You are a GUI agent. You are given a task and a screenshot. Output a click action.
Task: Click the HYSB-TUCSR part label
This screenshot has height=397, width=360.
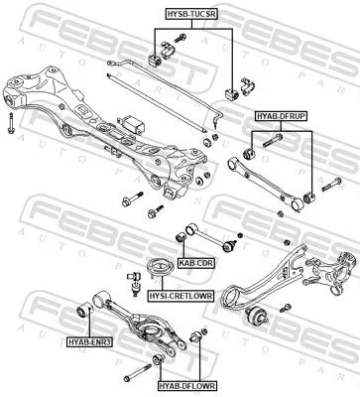point(190,11)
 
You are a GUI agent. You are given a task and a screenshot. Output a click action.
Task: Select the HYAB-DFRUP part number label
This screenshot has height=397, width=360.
point(281,116)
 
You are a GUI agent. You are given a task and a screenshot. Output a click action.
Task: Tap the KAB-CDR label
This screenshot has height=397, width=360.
point(196,264)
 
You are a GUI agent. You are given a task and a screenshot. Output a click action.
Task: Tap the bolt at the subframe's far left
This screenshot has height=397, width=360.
point(10,123)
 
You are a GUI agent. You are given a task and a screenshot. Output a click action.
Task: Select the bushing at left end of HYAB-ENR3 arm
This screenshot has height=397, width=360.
point(86,314)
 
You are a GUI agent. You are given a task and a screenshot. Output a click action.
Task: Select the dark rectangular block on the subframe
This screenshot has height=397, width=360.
point(132,125)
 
